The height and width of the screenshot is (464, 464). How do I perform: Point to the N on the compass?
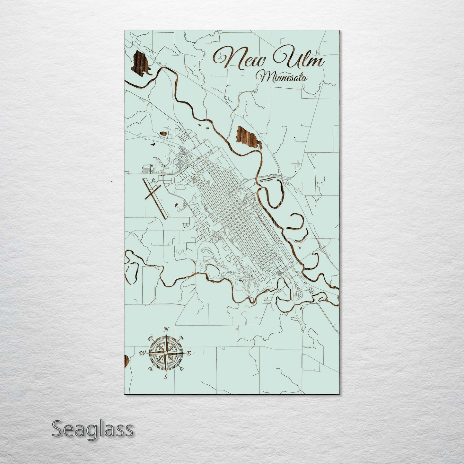coord(166,329)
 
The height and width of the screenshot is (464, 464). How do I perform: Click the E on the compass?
coord(189,354)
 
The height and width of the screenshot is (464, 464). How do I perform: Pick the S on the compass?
coord(165,377)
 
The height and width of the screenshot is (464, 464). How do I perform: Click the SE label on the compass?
coord(181,369)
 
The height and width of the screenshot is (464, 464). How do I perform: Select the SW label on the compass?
coord(150,369)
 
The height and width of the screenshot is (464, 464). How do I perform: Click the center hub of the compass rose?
coord(165,353)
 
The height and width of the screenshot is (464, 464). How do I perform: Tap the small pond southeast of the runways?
coord(177,204)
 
